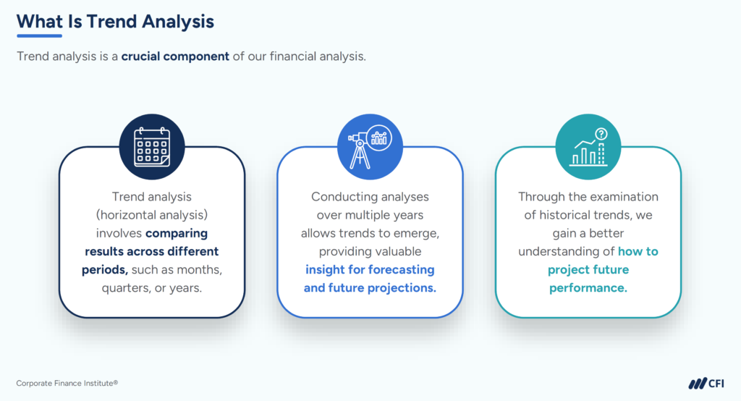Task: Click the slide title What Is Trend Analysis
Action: click(x=115, y=22)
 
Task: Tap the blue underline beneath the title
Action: click(x=39, y=35)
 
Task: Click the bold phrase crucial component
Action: click(x=175, y=56)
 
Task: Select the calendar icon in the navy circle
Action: click(x=152, y=147)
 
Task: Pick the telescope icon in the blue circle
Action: click(x=370, y=147)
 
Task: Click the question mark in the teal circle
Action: click(x=601, y=134)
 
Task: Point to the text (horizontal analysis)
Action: click(x=152, y=215)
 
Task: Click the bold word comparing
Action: click(x=177, y=234)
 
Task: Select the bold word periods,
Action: click(x=105, y=270)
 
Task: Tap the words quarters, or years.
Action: click(x=152, y=288)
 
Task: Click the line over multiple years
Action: click(x=370, y=215)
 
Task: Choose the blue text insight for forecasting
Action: click(x=370, y=269)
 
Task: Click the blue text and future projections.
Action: click(x=370, y=288)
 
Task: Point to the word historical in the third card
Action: click(x=566, y=215)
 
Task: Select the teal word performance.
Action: click(x=588, y=288)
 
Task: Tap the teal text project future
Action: click(x=588, y=270)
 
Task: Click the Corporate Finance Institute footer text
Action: click(x=67, y=383)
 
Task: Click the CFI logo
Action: click(x=706, y=383)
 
